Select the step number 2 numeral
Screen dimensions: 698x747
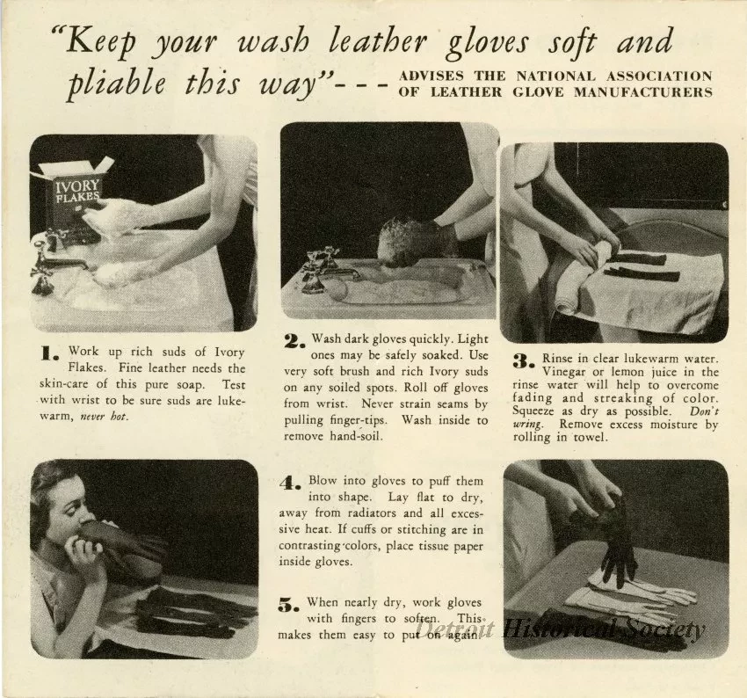[x=294, y=340]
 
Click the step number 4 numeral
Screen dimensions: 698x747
[x=291, y=484]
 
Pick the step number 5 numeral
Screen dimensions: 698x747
[x=290, y=604]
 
